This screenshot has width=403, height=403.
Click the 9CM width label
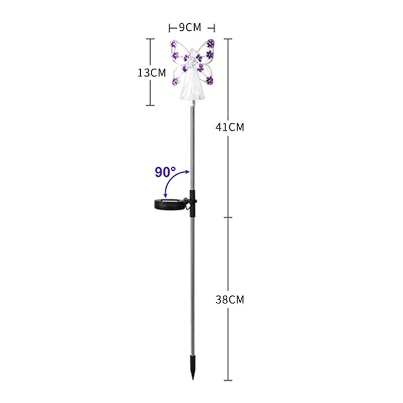[190, 27]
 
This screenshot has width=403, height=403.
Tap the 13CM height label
[152, 73]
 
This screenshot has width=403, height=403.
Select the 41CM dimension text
[230, 127]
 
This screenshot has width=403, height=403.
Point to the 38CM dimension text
[230, 299]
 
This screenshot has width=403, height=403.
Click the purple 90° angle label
[165, 172]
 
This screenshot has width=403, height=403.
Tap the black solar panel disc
[170, 204]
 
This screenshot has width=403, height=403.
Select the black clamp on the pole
[192, 204]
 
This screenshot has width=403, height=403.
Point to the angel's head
[191, 55]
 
